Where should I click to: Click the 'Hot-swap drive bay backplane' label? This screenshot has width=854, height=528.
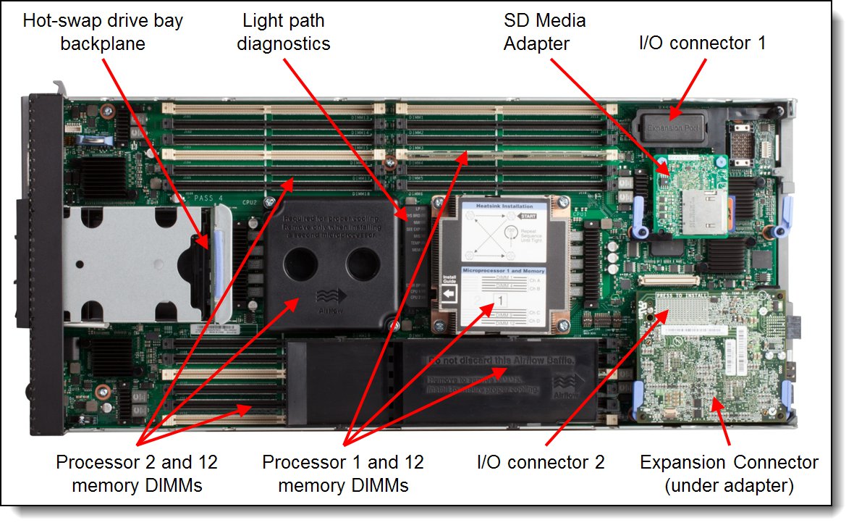point(103,32)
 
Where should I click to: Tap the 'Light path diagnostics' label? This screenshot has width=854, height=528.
point(287,32)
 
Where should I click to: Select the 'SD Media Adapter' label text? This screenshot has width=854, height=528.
point(544,32)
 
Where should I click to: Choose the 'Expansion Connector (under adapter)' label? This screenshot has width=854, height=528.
point(729,474)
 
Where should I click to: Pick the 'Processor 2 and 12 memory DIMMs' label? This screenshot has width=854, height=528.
point(137,474)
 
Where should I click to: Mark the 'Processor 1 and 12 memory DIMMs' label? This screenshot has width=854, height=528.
point(343,474)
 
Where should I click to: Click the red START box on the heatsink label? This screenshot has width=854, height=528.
point(528,217)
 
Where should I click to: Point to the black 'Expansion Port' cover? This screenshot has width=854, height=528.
point(669,125)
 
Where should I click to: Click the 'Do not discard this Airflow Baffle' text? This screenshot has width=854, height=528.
point(501,360)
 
